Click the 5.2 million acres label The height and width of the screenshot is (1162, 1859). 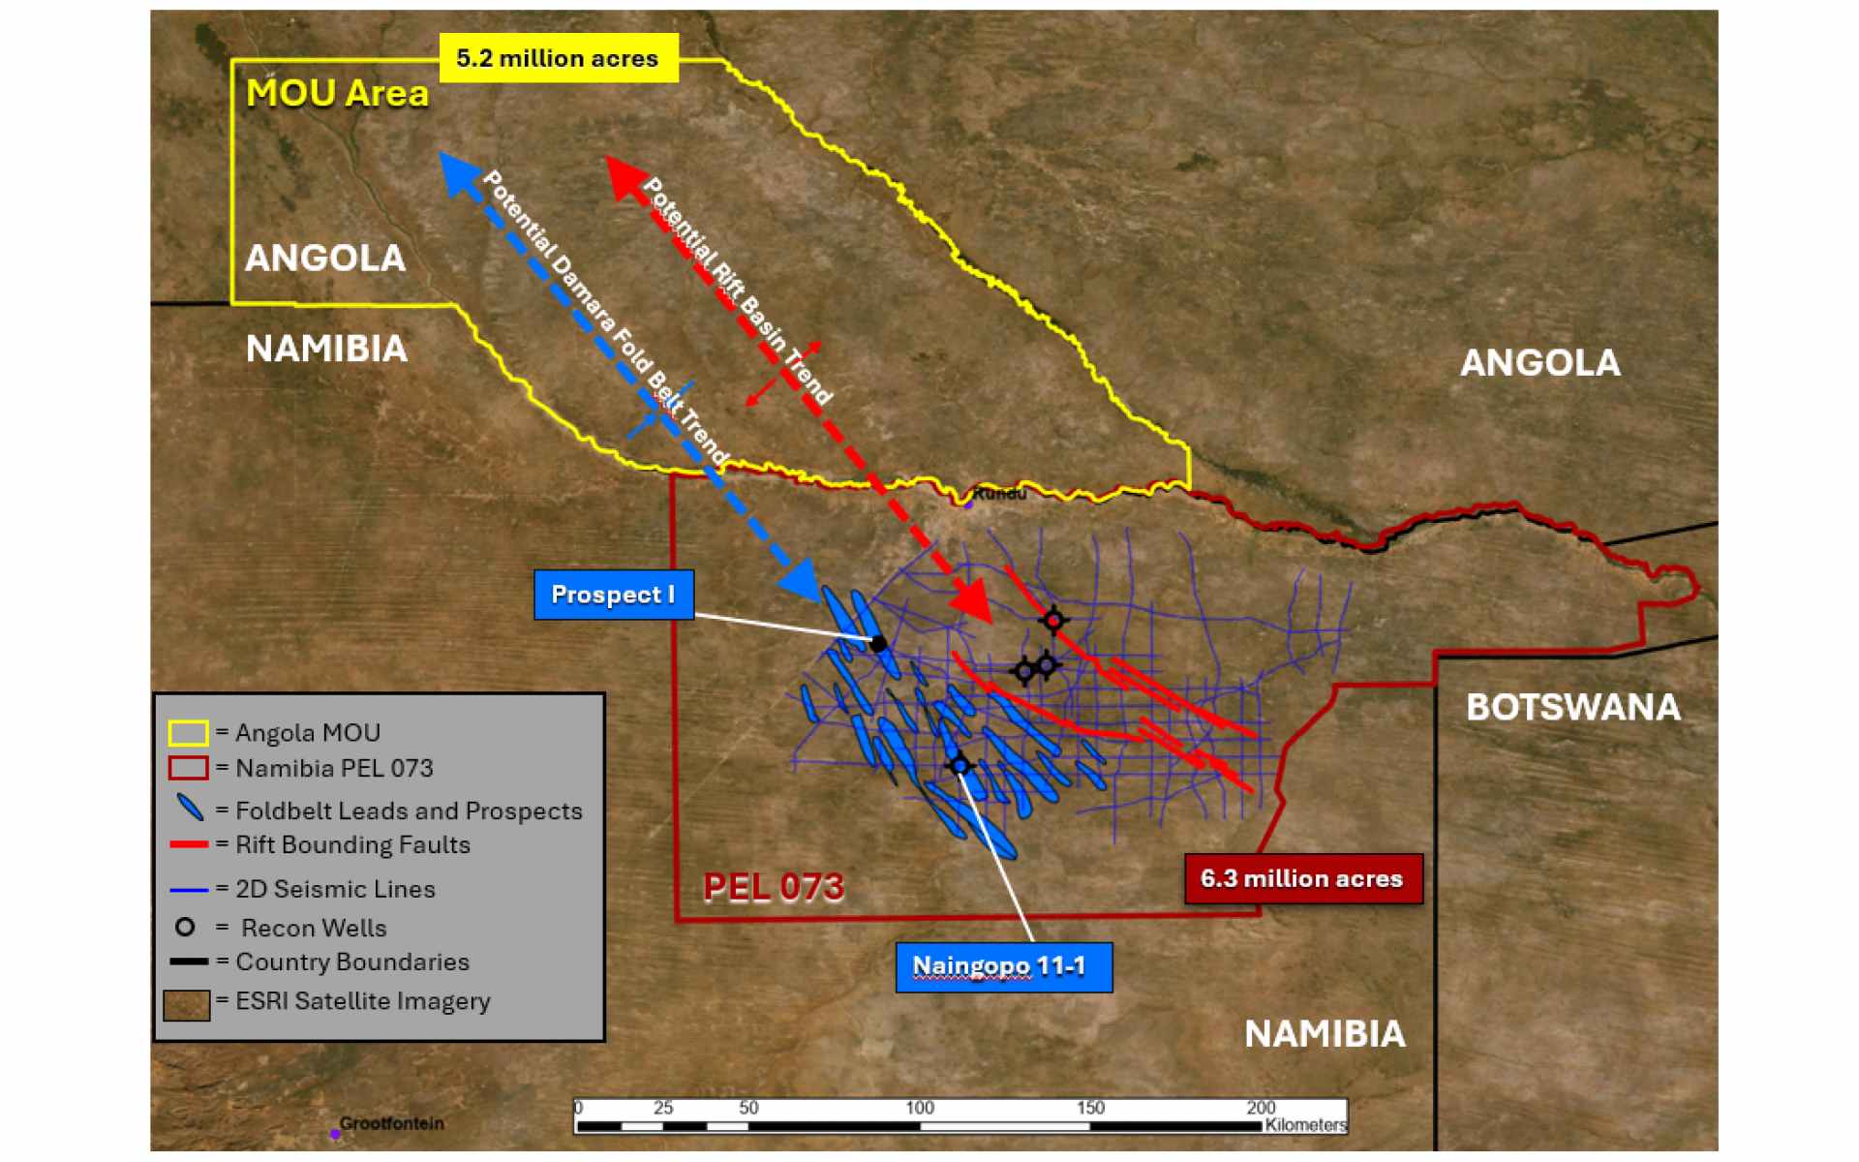pos(557,59)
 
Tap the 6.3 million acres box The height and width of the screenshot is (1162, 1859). pos(1302,879)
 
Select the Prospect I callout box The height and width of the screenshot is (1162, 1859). pos(613,595)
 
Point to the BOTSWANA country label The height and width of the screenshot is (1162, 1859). pos(1572,707)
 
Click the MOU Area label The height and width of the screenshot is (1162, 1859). pos(337,94)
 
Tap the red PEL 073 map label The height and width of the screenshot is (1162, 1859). pos(773,887)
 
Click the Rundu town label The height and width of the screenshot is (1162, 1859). pos(999,494)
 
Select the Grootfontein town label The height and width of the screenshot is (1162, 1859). pos(391,1123)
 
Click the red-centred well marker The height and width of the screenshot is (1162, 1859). pos(1053,621)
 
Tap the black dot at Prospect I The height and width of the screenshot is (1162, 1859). pos(878,644)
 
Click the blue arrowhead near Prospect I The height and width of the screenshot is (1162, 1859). pos(803,581)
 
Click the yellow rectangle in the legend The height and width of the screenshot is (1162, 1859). pos(188,733)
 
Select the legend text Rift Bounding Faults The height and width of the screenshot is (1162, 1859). pos(352,845)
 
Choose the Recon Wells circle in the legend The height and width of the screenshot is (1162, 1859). pos(185,928)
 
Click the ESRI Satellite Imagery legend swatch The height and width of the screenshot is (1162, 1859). pos(186,1004)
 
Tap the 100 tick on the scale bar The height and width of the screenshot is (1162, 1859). pos(920,1109)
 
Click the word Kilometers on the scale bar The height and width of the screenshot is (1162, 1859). pos(1304,1125)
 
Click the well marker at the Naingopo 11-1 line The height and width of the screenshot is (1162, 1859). pos(959,766)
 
